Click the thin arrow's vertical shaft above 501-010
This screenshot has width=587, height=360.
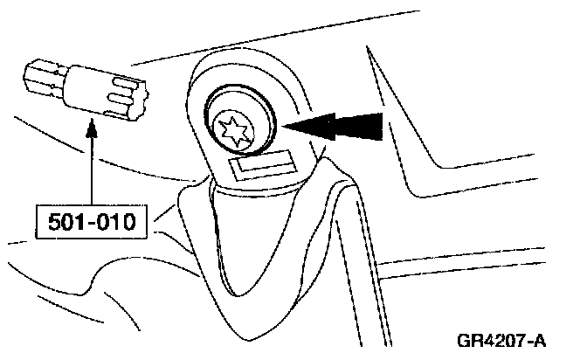pyautogui.click(x=90, y=170)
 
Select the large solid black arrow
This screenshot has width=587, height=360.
pyautogui.click(x=336, y=127)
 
